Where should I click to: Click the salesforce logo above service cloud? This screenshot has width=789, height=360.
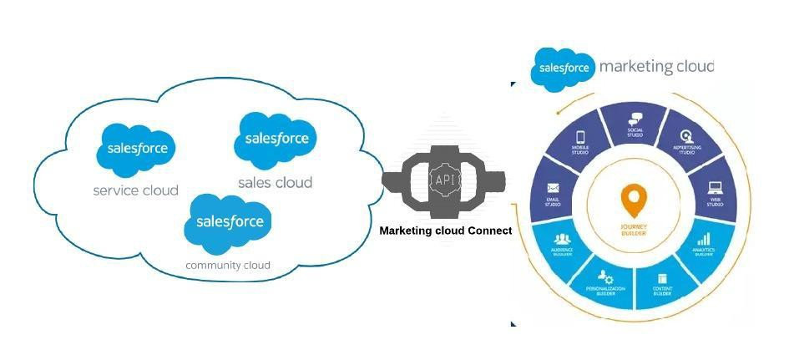137,150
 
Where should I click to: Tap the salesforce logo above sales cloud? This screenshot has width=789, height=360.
275,138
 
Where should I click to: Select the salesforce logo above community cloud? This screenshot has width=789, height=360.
229,222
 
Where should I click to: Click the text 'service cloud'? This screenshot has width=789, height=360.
135,190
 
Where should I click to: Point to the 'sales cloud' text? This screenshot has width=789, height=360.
275,182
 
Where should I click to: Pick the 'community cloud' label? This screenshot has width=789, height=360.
228,266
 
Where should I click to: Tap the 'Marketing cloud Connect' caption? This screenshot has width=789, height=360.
445,230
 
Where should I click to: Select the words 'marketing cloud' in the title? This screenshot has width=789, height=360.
656,67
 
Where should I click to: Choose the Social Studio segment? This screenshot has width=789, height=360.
635,124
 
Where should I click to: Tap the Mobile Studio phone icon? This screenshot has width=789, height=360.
579,139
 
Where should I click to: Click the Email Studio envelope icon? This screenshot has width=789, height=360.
553,189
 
